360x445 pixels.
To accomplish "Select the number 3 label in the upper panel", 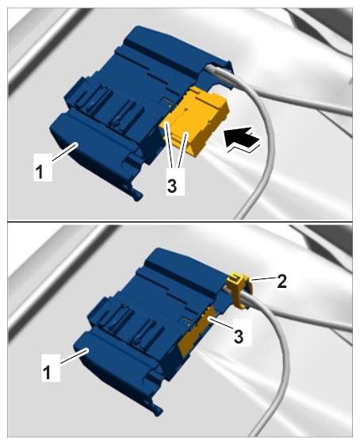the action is [x=171, y=186].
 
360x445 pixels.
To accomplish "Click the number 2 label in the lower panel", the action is [x=281, y=282].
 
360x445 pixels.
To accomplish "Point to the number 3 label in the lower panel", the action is [x=238, y=336].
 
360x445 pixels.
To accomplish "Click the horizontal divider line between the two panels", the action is [x=180, y=221].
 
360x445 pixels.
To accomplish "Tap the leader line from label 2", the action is [x=263, y=279].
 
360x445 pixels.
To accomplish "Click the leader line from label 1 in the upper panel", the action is [x=65, y=152].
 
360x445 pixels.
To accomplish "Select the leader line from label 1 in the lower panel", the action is [x=73, y=356].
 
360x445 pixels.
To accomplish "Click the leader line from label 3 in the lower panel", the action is [x=222, y=325].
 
